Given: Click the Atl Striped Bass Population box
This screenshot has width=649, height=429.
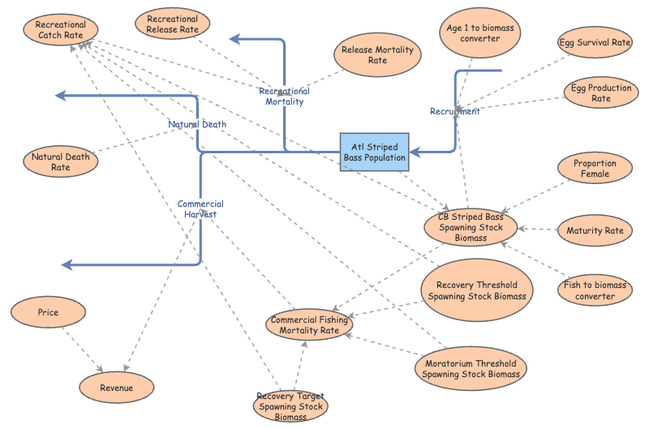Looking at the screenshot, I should click(374, 152).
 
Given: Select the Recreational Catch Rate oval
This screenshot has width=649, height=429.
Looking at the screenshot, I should click(61, 31).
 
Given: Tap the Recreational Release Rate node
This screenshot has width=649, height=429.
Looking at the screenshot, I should click(172, 24).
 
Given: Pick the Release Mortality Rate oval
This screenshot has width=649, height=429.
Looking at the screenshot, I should click(377, 55).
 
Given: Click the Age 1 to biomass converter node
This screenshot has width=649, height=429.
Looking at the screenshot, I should click(479, 33).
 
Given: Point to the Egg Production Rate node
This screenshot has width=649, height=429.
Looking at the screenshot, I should click(600, 92).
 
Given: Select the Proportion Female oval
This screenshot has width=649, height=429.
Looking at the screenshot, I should click(595, 169).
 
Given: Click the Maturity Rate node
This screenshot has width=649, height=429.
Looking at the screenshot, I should click(595, 230).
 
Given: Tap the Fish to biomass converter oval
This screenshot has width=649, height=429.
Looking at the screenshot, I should click(595, 290).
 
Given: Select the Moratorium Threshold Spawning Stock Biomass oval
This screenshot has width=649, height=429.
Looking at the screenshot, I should click(471, 368).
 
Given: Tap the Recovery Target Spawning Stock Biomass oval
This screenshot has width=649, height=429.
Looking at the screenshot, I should click(290, 406).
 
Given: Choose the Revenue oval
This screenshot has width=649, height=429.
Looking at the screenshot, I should click(116, 388).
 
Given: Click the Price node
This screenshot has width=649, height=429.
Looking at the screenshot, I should click(48, 312).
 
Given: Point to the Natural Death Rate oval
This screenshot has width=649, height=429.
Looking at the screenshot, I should click(60, 161).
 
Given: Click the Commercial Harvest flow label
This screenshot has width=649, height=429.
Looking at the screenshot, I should click(200, 208).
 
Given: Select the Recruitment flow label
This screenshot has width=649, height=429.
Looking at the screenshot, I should click(455, 111).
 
